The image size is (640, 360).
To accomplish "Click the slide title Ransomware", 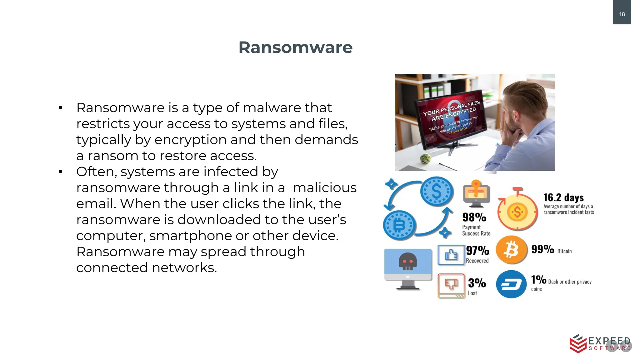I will tap(295, 47).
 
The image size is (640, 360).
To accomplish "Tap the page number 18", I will tap(622, 14).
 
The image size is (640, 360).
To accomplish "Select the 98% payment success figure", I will tap(474, 217).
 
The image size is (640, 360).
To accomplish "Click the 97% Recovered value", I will tap(477, 250).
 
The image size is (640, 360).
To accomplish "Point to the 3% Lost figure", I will tap(477, 283).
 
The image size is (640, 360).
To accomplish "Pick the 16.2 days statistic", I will tap(563, 197).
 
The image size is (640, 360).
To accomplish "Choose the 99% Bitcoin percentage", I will tap(542, 249).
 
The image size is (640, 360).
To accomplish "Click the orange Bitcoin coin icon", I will tap(511, 250).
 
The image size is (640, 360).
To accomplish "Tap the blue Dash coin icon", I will tap(511, 284).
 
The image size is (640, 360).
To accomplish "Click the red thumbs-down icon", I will tap(451, 284).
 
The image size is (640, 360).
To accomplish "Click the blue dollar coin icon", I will tap(437, 192).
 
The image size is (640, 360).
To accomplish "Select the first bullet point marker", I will tap(61, 108).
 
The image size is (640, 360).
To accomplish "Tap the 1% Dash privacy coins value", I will tap(538, 279).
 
